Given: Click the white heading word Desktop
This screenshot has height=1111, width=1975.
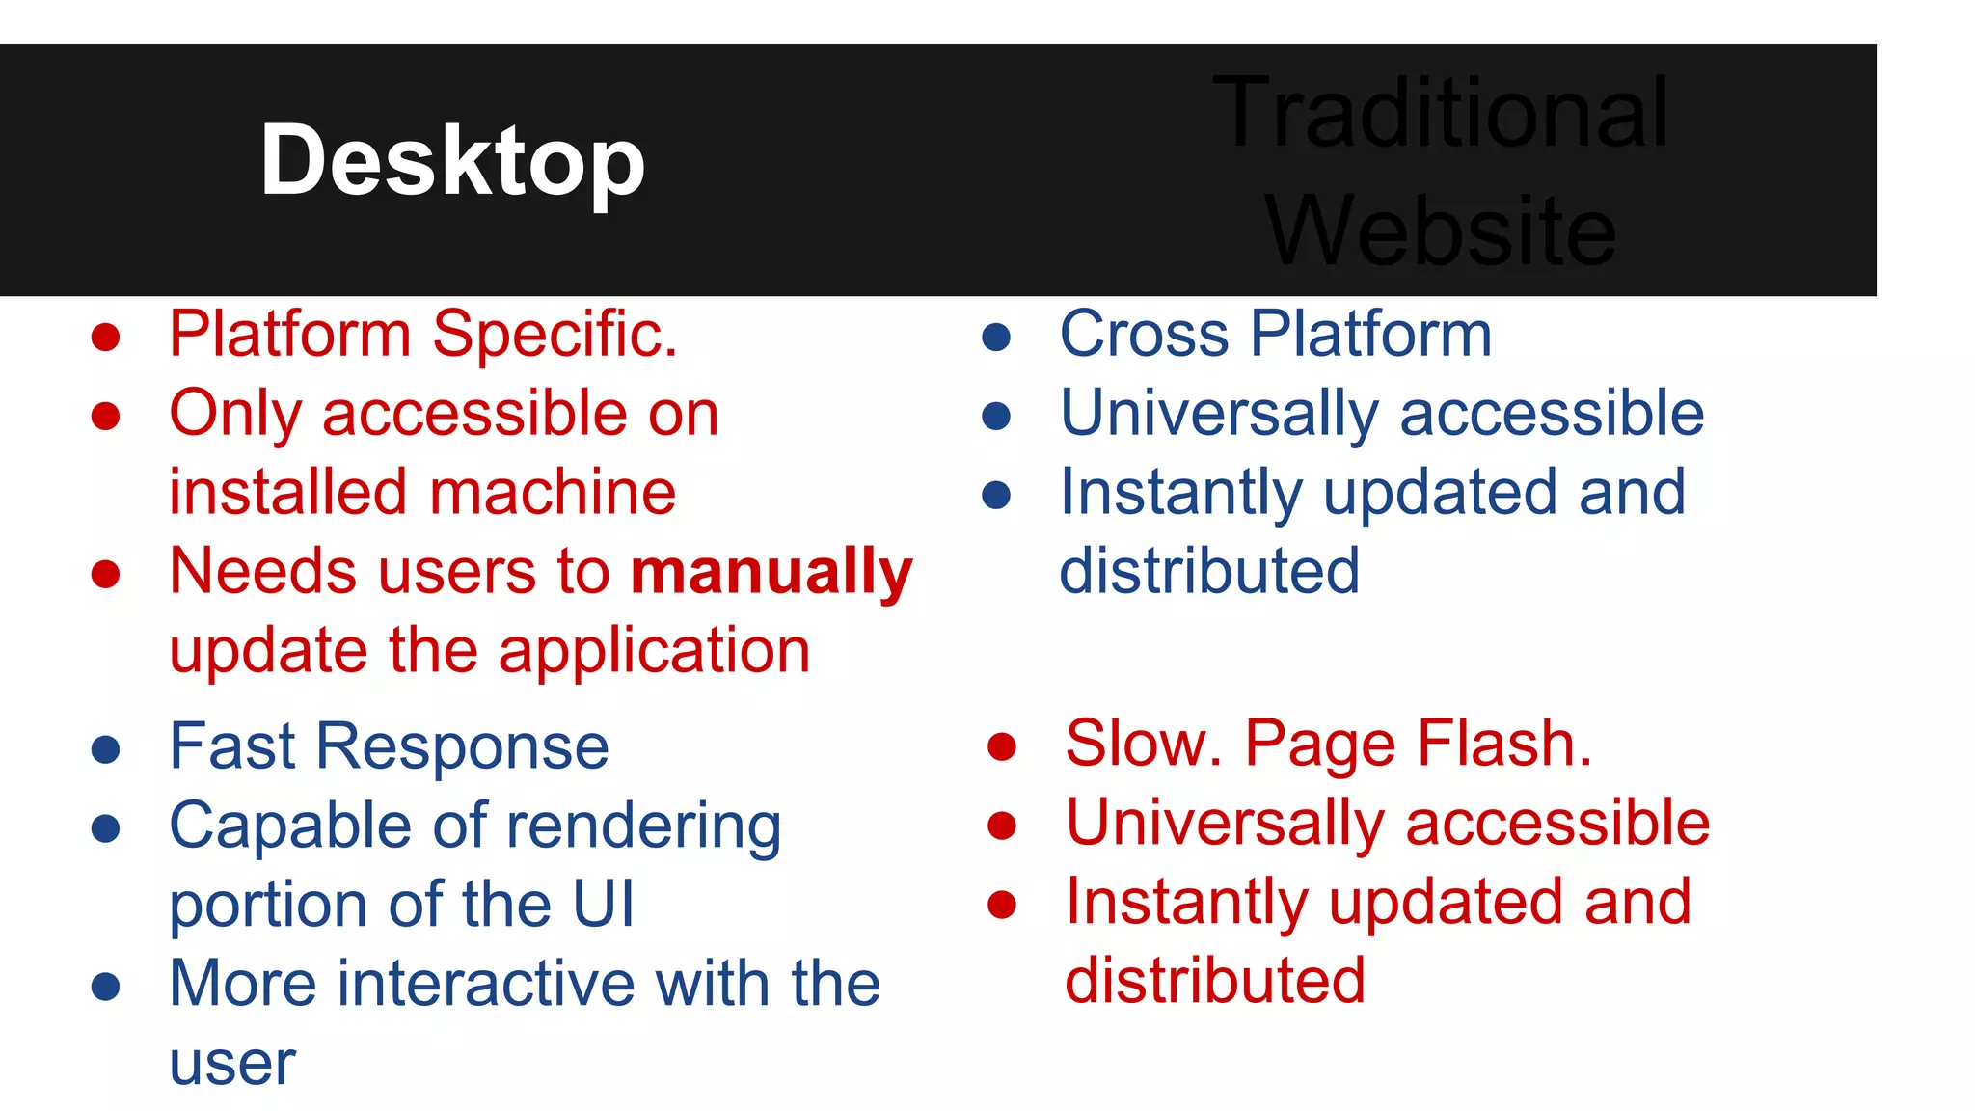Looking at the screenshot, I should coord(452,161).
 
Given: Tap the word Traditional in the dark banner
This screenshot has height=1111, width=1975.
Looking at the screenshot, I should coord(1441,114).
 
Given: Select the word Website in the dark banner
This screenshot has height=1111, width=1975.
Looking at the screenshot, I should coord(1441,231).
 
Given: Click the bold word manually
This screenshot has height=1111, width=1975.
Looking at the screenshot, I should coord(771,572).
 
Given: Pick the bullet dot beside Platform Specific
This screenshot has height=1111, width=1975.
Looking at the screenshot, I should coord(105,338).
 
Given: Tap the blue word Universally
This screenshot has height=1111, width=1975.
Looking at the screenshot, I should coord(1219,415).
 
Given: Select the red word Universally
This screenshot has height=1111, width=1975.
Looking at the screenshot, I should coord(1225,825).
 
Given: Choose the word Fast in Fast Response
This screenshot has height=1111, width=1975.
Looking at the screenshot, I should coord(231,747).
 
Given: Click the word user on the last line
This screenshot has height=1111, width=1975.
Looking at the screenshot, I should coord(232,1065).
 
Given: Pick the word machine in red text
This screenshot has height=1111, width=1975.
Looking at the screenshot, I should coord(553,493).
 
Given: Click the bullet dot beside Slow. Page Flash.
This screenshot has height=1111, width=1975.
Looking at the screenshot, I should coord(1002,746).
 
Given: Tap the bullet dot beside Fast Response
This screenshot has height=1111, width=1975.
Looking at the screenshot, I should coord(105,749).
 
